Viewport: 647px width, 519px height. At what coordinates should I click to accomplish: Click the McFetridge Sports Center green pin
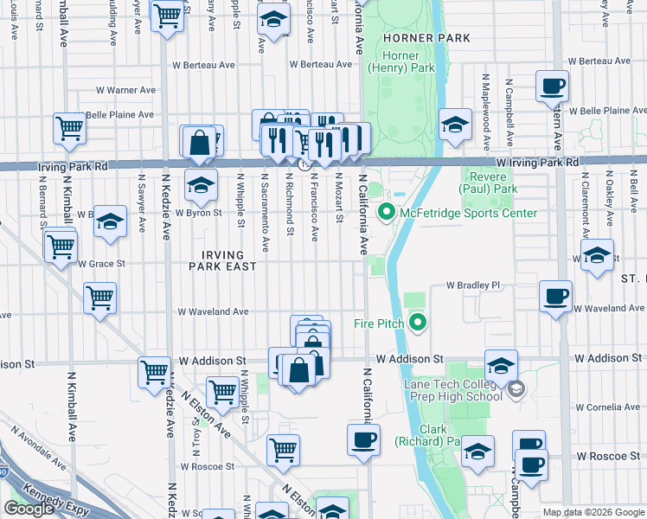click(x=387, y=212)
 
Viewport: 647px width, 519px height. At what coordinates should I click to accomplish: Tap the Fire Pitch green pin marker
click(x=419, y=324)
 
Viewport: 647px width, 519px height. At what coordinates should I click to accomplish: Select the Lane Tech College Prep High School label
click(x=452, y=389)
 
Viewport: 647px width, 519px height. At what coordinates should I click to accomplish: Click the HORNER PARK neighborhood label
click(x=426, y=38)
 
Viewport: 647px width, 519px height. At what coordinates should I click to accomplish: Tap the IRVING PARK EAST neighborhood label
click(x=223, y=260)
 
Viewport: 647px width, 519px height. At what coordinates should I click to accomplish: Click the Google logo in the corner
click(x=29, y=509)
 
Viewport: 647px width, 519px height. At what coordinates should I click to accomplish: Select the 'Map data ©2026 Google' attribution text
click(x=593, y=512)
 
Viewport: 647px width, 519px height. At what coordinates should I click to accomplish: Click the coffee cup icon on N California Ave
click(x=363, y=439)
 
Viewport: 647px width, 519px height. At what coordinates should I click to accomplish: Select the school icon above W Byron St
click(x=201, y=183)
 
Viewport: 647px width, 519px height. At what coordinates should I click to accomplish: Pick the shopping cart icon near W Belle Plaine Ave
click(x=69, y=128)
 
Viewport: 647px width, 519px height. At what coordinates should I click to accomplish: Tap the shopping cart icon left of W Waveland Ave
click(x=100, y=298)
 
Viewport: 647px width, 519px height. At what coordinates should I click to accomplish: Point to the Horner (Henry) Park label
click(x=400, y=61)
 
